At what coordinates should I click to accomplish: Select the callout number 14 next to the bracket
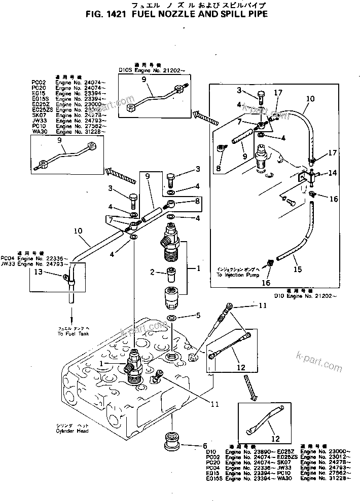click(332, 173)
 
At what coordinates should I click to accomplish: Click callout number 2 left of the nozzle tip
click(152, 273)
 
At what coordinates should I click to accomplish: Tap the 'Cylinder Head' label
click(73, 431)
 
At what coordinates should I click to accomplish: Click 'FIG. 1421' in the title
click(105, 15)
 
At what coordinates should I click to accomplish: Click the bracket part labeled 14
click(307, 176)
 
